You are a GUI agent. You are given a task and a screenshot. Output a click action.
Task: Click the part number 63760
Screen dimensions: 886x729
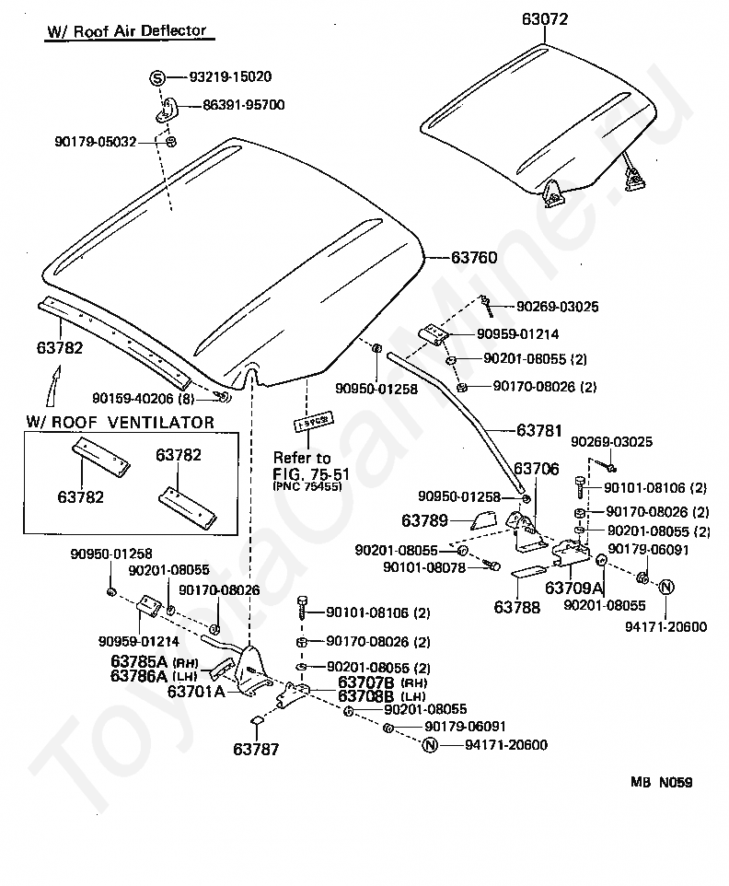click(x=474, y=259)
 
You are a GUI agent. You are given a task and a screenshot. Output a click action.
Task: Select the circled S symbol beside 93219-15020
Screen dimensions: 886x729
click(x=157, y=78)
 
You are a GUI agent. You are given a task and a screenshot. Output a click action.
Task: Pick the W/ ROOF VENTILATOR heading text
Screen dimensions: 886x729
click(x=120, y=423)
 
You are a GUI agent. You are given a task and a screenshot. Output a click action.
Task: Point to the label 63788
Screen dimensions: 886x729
click(x=517, y=608)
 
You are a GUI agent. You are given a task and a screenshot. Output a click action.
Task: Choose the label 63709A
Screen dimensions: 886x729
click(x=573, y=588)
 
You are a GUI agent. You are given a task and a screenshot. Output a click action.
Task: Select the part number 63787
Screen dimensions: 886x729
click(x=255, y=749)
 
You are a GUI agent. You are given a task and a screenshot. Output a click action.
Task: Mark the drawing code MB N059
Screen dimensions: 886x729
click(x=661, y=783)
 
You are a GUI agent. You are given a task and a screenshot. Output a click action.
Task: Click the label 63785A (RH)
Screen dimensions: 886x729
click(x=165, y=661)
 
